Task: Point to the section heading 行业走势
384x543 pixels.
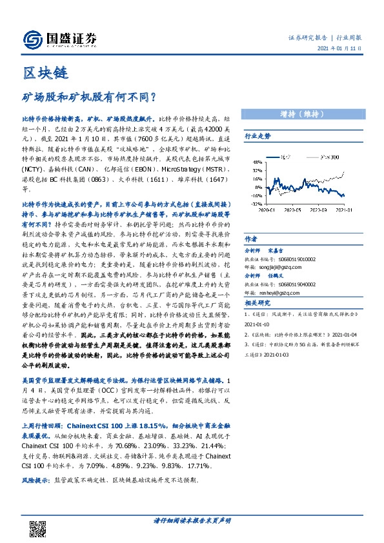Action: [x=258, y=136]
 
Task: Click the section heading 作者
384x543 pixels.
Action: [x=251, y=237]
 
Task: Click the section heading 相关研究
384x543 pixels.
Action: [x=258, y=303]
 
